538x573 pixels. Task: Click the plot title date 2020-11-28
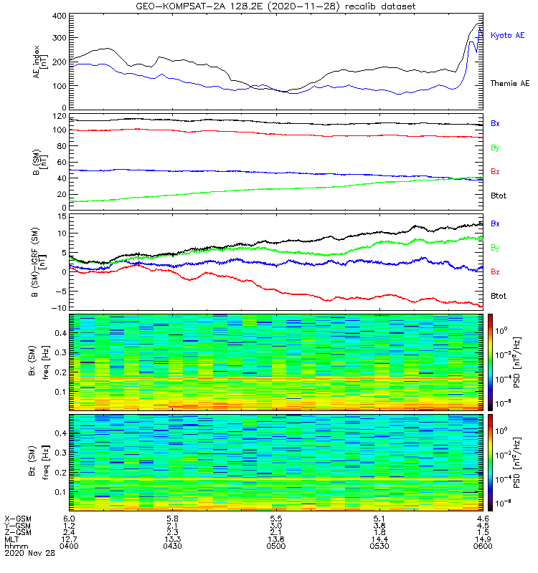pos(302,6)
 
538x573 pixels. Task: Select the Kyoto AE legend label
pos(507,35)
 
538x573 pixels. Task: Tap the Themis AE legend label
pos(510,84)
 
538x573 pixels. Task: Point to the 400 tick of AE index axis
pos(60,16)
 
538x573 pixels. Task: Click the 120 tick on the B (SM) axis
pos(60,116)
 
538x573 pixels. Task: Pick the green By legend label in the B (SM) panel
pos(495,148)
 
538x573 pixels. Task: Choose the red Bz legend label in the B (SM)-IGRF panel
pos(495,272)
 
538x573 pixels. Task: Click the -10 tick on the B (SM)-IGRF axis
pos(59,308)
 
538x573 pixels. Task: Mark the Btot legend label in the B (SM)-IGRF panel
pos(498,296)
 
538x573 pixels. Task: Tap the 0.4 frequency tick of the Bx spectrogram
pos(61,333)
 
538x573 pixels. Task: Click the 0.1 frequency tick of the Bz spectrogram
pos(61,492)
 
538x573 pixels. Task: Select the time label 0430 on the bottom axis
pos(172,546)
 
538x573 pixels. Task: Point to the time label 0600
pos(483,546)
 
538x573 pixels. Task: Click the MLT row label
pos(11,539)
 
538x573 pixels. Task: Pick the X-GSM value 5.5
pos(276,519)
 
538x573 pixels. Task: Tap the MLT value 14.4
pos(379,539)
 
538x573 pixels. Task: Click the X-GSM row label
pos(18,519)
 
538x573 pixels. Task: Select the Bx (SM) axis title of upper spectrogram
pos(32,361)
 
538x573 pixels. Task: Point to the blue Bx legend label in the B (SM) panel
pos(495,123)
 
